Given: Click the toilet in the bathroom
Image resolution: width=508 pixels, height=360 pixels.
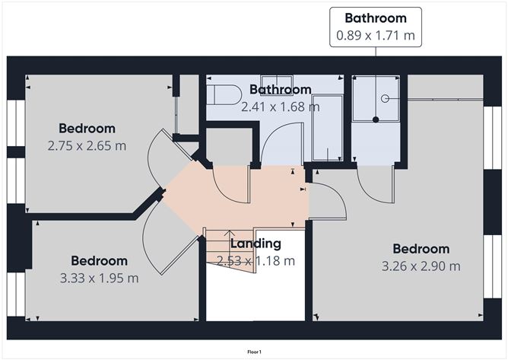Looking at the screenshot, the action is [x=224, y=94].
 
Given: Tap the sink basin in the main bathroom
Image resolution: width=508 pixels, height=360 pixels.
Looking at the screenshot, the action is [x=277, y=81].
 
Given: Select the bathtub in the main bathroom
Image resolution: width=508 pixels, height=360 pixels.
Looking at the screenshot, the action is [x=327, y=128].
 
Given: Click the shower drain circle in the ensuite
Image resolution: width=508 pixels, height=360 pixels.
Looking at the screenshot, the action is [x=385, y=98].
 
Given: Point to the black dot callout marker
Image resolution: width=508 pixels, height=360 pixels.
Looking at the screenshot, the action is [x=376, y=119].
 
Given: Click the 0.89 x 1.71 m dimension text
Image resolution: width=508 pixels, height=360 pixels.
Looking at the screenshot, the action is [x=376, y=35].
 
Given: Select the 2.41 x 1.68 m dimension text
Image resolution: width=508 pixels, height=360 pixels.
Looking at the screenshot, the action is [x=281, y=107].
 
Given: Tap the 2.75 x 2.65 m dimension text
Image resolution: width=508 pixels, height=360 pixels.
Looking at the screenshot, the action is [x=87, y=146].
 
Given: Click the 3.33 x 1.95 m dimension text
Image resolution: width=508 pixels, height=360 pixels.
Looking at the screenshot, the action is [x=99, y=279].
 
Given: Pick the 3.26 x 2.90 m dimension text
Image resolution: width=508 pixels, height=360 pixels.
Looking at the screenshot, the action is [x=421, y=266].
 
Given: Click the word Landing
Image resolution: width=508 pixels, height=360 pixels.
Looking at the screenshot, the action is [x=256, y=244].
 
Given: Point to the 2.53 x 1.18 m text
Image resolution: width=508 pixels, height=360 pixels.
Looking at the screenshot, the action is [x=256, y=261].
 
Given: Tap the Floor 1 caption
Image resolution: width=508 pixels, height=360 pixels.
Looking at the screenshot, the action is [x=254, y=352].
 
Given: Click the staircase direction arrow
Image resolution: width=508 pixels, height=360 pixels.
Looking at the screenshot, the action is [x=230, y=247].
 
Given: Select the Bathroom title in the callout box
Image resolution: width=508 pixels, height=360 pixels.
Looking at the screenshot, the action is [x=376, y=18].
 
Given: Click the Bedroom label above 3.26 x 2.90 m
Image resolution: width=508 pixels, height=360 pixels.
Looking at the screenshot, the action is [x=421, y=249].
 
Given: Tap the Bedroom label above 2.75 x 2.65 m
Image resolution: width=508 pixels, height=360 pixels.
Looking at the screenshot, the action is [x=87, y=129].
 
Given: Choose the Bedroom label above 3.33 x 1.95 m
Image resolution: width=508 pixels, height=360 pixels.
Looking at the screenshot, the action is [x=99, y=261].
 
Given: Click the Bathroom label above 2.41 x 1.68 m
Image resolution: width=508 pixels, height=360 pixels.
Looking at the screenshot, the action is [x=281, y=90].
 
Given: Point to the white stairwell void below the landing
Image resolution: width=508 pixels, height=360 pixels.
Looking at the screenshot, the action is [x=256, y=292].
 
